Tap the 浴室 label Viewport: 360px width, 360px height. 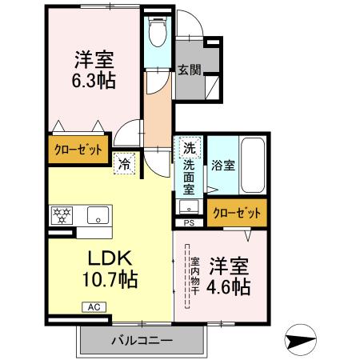click(222, 166)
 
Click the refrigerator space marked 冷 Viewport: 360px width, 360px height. click(126, 161)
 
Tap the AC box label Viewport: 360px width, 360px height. click(92, 306)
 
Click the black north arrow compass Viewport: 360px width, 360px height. click(302, 340)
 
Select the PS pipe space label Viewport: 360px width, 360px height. click(189, 222)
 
